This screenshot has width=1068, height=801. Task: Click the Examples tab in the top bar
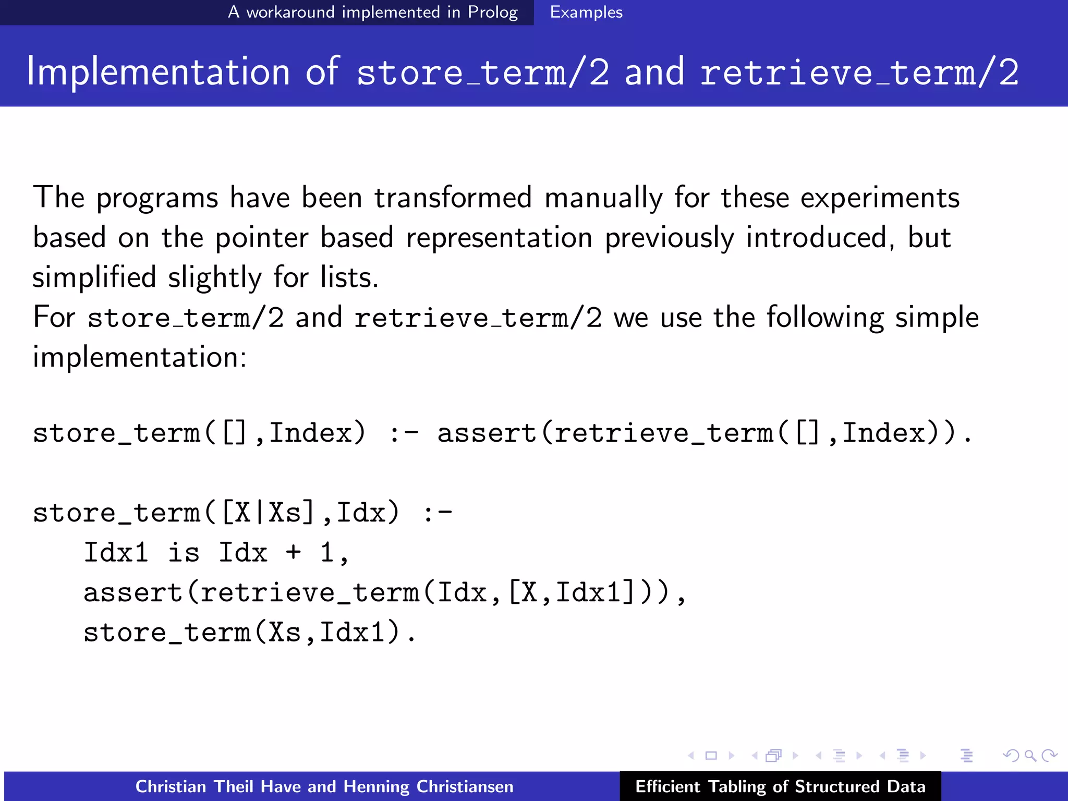click(586, 12)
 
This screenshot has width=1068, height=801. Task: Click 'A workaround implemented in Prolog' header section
click(372, 12)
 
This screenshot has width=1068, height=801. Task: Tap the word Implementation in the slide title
click(158, 71)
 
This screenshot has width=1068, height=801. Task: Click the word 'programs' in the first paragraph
click(157, 199)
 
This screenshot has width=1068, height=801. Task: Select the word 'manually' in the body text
click(603, 199)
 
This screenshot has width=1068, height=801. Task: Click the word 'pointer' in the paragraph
click(262, 238)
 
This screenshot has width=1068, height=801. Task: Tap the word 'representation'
click(499, 238)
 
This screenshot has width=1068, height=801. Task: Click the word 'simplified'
click(94, 277)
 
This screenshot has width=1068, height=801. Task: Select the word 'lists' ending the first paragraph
click(346, 277)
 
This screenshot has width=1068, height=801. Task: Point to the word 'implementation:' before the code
click(139, 357)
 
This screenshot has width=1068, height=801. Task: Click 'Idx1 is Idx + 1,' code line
click(216, 553)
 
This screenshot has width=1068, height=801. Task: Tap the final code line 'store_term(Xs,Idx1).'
click(250, 633)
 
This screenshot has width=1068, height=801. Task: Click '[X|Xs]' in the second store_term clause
click(268, 513)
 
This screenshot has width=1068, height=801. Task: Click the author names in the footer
click(324, 786)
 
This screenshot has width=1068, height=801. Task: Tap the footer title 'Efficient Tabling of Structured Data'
click(780, 786)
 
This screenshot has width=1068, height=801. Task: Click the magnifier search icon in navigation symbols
click(1030, 755)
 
